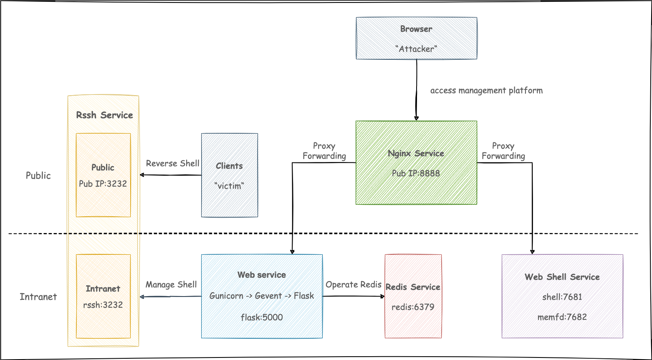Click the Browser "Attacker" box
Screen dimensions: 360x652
pos(416,38)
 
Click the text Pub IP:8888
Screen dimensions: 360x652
pos(416,173)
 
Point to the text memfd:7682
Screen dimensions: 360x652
pos(562,317)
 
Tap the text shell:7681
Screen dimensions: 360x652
pos(562,297)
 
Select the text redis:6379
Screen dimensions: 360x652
pos(413,307)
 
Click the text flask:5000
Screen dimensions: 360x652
pos(262,317)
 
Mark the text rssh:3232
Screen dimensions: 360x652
pos(103,305)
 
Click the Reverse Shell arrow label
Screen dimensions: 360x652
pos(172,163)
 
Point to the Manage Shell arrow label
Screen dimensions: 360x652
pos(171,285)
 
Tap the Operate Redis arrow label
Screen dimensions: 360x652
pos(353,285)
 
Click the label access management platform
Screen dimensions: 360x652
pos(486,91)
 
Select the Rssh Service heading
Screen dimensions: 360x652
pos(104,115)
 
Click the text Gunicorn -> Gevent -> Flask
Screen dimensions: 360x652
pos(262,296)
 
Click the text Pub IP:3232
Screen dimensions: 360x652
pos(103,184)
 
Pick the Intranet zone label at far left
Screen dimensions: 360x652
pos(38,297)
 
